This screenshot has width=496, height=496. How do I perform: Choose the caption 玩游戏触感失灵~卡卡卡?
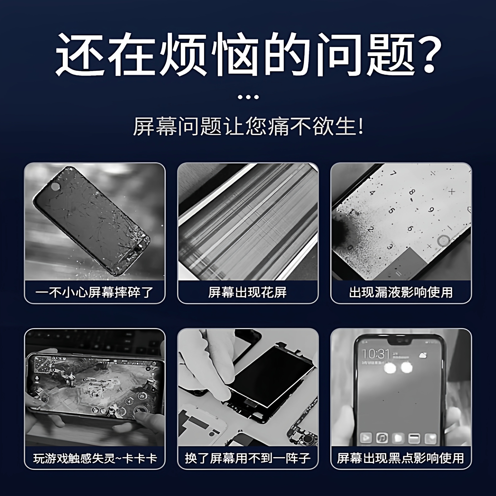point(94,458)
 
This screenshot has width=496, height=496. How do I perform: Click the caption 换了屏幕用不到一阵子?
point(248,458)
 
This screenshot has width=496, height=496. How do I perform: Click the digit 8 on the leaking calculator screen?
point(412,192)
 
